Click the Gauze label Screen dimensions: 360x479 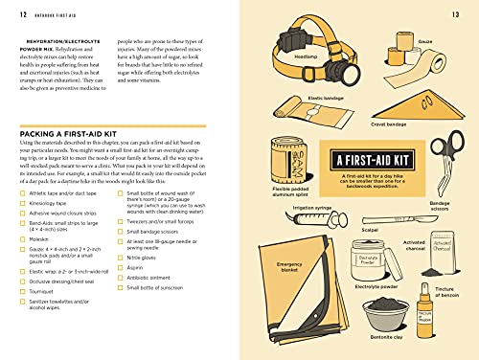pos(424,41)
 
